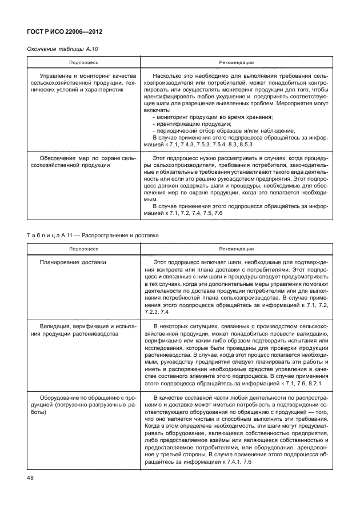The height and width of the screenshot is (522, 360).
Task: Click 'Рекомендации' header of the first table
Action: click(236, 62)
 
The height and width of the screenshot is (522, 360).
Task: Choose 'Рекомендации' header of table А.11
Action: click(236, 249)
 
